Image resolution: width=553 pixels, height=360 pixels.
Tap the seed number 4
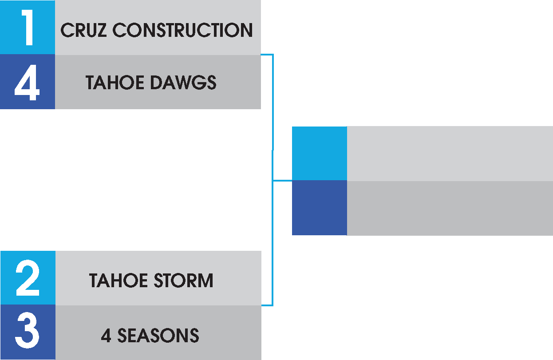coord(27,82)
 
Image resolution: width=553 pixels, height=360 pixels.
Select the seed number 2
coord(28,278)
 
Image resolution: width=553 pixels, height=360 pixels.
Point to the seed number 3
coord(28,332)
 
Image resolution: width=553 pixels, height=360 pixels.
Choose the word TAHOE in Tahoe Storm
coord(117,281)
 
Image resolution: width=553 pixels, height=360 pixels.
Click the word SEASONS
coord(158,335)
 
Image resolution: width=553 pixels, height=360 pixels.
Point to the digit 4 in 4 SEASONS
coord(106,336)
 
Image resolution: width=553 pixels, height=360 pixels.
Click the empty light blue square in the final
coord(319,153)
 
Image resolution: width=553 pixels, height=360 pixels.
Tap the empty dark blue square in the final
coord(319,208)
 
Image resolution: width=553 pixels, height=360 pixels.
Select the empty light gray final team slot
coord(450,153)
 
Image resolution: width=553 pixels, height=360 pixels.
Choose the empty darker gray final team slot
coord(450,208)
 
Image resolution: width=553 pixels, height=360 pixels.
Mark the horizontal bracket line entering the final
coord(282,181)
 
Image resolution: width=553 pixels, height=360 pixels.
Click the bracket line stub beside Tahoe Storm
coord(267,305)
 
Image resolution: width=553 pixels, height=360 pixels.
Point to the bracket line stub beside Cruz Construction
coord(267,55)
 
